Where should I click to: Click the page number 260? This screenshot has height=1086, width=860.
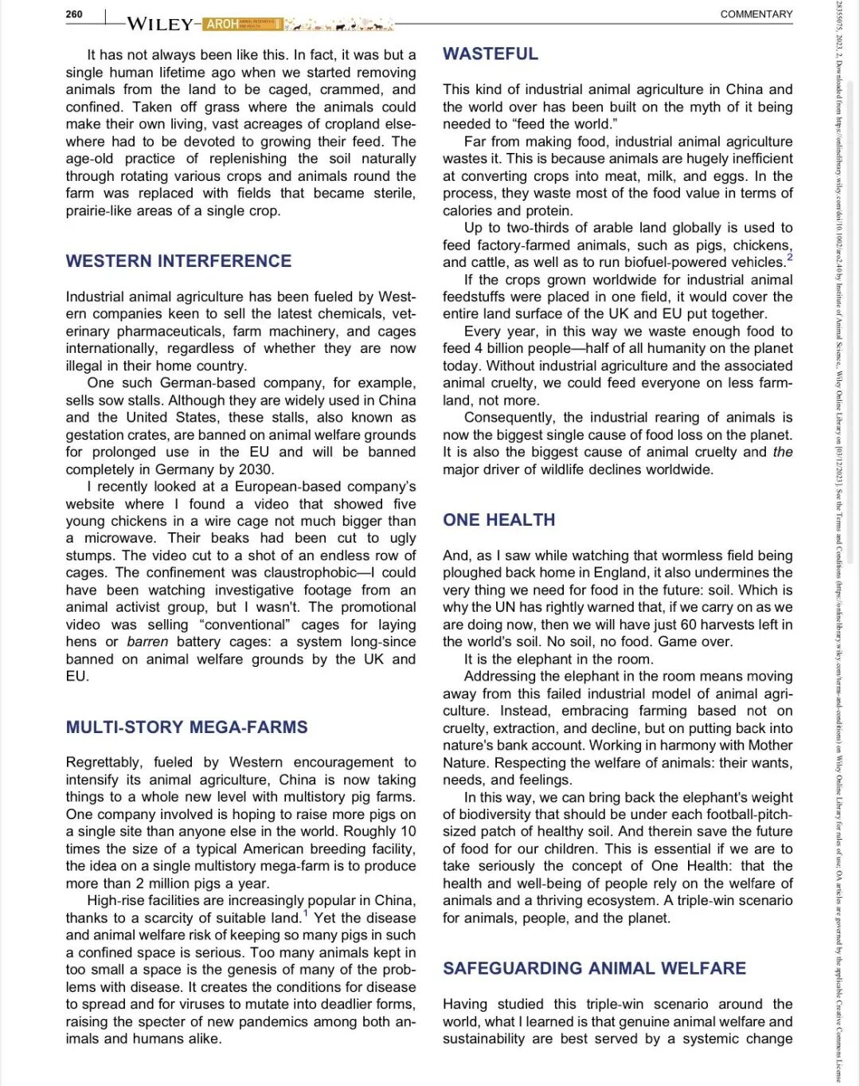click(74, 14)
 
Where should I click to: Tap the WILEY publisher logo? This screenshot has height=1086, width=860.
click(159, 24)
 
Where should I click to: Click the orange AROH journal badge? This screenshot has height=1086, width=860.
click(222, 24)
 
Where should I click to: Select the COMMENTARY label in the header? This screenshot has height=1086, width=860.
click(756, 14)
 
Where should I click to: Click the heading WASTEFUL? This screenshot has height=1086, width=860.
click(491, 54)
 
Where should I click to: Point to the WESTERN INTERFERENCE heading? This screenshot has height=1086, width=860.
click(178, 261)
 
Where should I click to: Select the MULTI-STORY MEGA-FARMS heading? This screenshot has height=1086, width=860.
click(186, 727)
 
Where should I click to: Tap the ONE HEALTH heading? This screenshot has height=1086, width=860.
click(499, 520)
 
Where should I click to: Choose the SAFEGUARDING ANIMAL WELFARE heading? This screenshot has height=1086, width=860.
click(594, 969)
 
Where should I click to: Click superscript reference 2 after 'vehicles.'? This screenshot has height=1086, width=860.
click(789, 257)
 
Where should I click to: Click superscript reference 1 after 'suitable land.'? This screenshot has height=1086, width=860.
click(306, 913)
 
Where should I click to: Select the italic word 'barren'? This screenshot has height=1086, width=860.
click(147, 641)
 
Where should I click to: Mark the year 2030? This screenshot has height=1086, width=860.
click(255, 469)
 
